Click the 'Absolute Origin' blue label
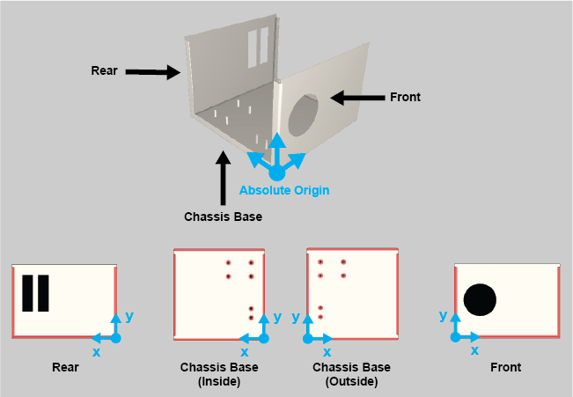277,189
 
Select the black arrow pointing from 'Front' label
357,98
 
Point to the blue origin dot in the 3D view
277,173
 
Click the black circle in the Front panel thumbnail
480,299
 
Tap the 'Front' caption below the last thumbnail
506,368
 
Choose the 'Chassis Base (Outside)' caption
351,374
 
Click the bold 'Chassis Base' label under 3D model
223,216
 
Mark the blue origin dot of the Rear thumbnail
114,337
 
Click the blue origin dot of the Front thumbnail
454,337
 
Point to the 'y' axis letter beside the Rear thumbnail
129,315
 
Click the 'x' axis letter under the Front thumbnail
474,350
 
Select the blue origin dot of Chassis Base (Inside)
263,338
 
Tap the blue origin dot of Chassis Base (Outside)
307,338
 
